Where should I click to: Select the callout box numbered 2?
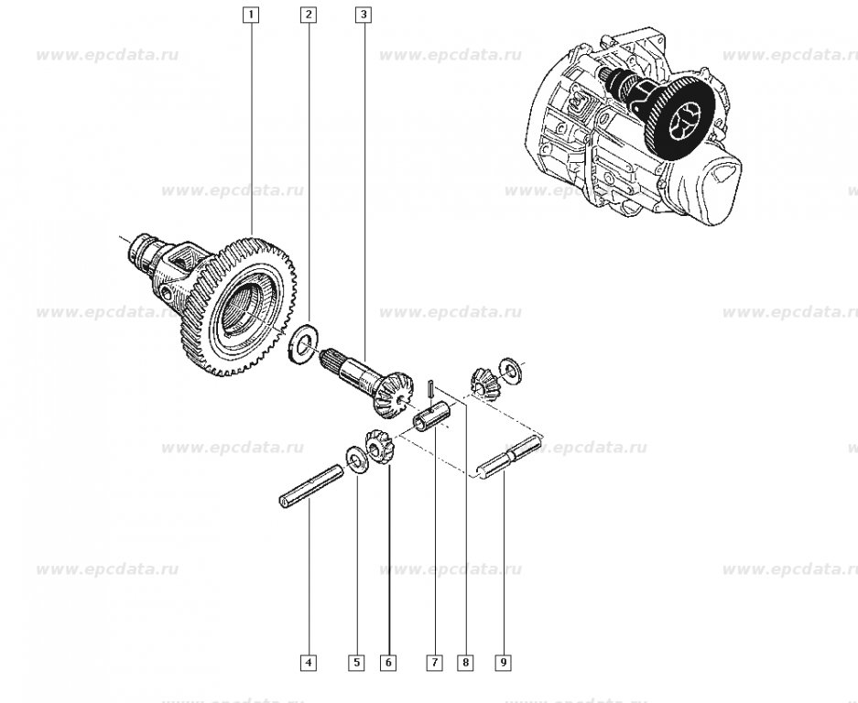click(309, 15)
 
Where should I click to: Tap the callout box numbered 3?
click(364, 15)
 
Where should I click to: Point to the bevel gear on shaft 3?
click(391, 389)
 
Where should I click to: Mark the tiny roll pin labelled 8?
click(429, 388)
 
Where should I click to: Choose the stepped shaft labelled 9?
click(511, 459)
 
